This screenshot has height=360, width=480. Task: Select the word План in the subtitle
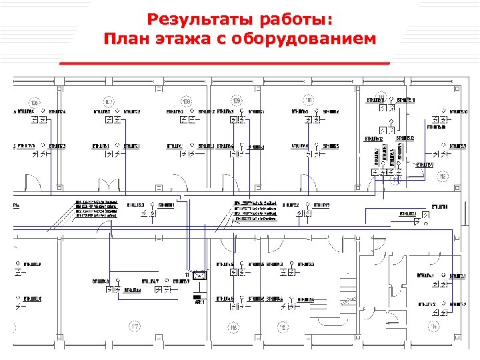[131, 39]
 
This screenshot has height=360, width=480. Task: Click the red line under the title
[225, 61]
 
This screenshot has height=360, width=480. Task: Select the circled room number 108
[187, 101]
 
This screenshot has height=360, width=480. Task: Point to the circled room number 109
[237, 101]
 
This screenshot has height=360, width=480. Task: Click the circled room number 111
[309, 101]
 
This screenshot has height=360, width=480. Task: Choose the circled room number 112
[442, 177]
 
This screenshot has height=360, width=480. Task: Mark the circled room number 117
[135, 326]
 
